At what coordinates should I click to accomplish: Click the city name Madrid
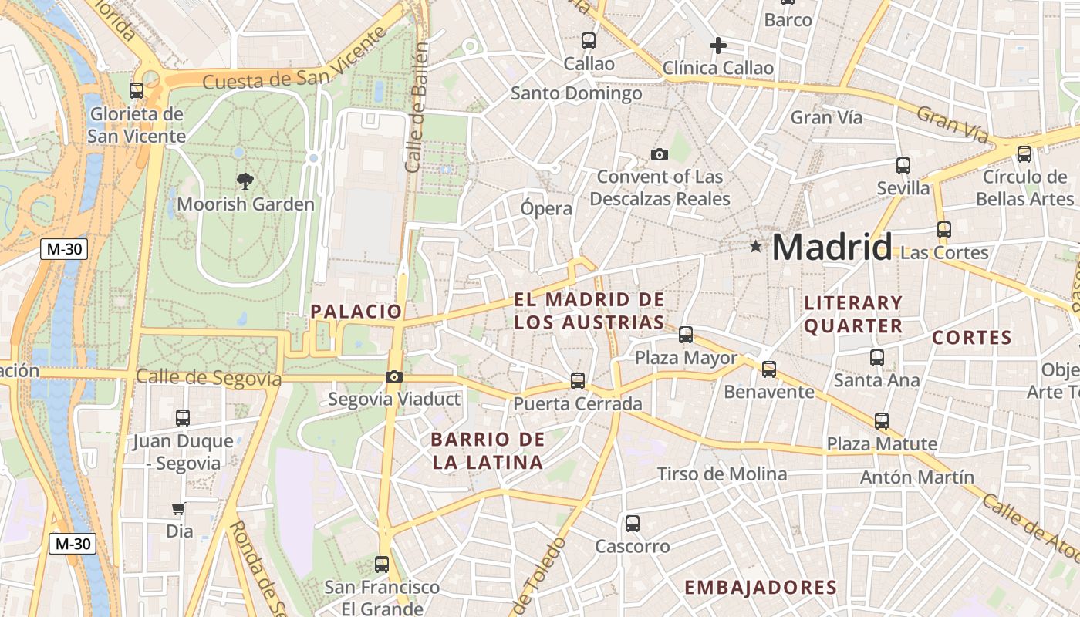click(x=832, y=248)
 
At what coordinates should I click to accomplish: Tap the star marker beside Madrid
click(x=755, y=247)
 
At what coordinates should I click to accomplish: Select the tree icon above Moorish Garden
click(x=245, y=181)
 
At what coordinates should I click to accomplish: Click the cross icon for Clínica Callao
click(x=718, y=46)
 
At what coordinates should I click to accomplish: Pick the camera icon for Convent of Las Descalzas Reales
click(x=659, y=154)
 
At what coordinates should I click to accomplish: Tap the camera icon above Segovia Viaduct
click(x=394, y=376)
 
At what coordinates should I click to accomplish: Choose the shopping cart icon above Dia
click(x=179, y=508)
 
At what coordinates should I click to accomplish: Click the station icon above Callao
click(x=589, y=41)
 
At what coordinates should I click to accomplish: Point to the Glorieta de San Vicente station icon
click(x=137, y=91)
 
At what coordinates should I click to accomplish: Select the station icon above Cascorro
click(x=633, y=524)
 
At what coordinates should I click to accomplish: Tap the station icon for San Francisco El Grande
click(x=382, y=565)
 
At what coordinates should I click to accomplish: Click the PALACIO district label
click(x=356, y=312)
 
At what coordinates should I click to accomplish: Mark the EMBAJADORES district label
click(x=761, y=588)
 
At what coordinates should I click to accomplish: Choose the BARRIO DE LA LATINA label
click(x=488, y=451)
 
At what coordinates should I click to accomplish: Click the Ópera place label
click(x=547, y=208)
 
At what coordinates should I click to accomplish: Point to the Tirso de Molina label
click(x=722, y=474)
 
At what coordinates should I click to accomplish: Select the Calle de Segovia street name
click(x=208, y=378)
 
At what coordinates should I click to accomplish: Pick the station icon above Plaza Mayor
click(x=686, y=335)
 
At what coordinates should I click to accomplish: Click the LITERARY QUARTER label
click(x=853, y=314)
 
